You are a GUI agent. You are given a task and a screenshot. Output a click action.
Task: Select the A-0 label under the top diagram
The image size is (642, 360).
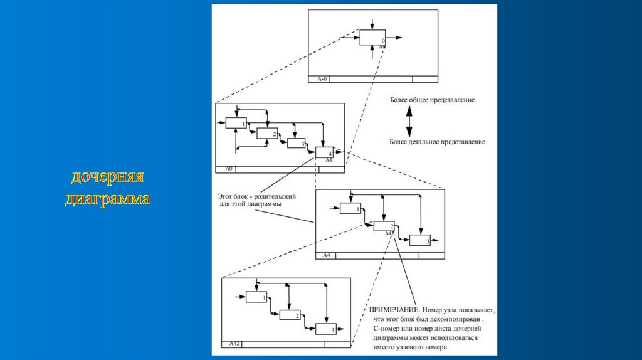pos(322,79)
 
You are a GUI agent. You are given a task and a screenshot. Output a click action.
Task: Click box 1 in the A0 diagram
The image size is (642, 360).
pos(236,123)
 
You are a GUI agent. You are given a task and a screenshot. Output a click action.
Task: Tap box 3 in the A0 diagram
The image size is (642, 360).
pos(297,143)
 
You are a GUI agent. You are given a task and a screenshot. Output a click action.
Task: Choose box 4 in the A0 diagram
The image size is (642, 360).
pos(325,152)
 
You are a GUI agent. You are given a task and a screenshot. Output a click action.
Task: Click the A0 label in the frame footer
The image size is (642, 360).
pos(229,169)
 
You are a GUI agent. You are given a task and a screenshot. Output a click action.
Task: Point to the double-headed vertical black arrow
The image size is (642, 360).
pos(408,121)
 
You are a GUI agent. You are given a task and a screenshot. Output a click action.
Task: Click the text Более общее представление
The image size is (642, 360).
pos(432,100)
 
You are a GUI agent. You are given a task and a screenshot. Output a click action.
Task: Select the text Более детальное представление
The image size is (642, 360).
pos(436,142)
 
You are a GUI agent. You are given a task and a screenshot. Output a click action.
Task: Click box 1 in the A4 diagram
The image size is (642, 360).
pos(351,208)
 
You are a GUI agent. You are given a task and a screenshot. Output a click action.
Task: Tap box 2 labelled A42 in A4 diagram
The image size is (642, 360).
pos(384,226)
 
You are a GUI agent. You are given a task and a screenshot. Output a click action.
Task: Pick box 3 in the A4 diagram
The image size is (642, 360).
pos(420,240)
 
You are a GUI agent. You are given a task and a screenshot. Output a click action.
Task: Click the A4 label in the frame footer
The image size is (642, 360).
pos(327,255)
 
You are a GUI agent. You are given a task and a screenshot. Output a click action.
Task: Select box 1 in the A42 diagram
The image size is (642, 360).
pos(256,297)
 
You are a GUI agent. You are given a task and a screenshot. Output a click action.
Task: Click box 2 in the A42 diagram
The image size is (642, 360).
pos(290,315)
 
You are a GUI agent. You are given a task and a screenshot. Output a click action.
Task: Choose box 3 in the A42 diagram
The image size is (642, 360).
pos(325,329)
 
